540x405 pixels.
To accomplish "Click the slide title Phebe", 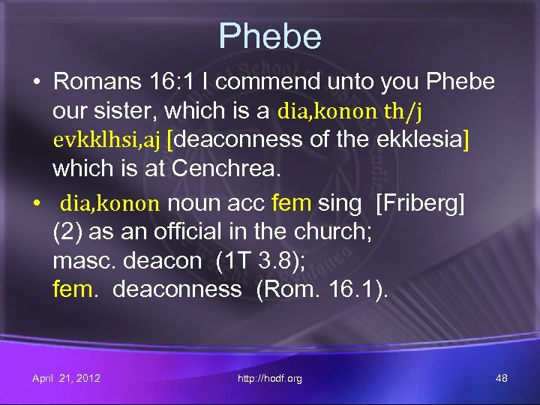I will tap(270, 36).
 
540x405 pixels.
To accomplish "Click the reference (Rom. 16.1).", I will tap(322, 289).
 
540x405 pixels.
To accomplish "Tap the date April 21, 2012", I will tap(66, 378).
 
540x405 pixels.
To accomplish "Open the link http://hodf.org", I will tap(269, 378).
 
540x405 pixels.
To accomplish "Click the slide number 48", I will tap(502, 378).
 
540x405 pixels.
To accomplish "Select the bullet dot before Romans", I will tap(35, 82).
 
